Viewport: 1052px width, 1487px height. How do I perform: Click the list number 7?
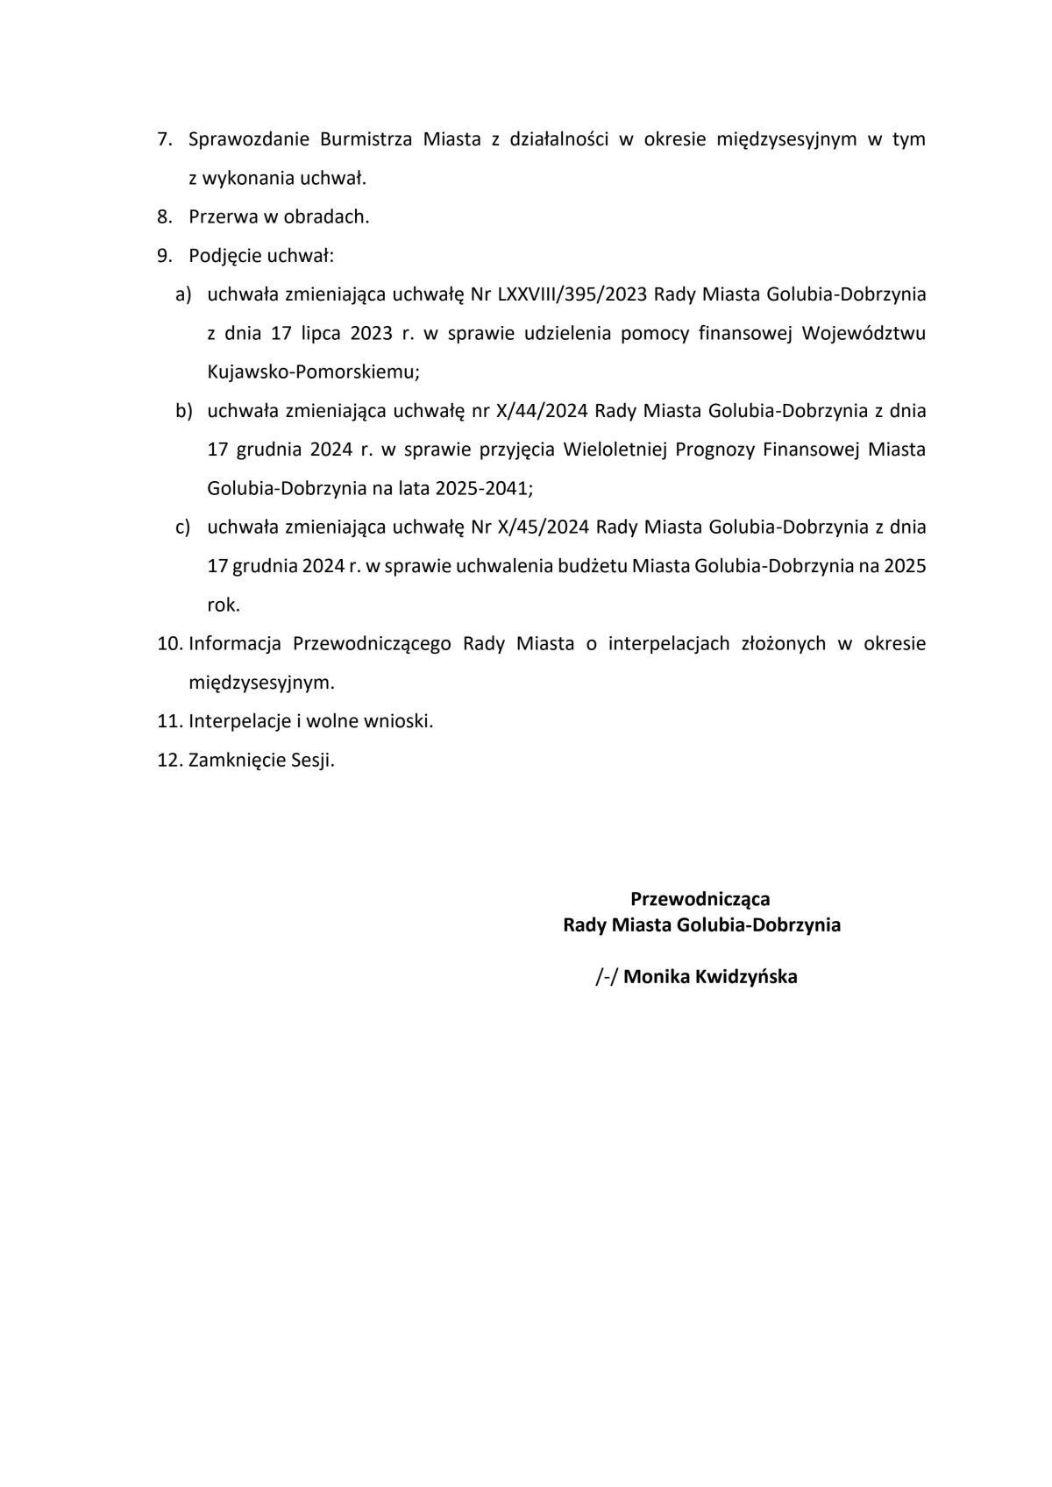(163, 139)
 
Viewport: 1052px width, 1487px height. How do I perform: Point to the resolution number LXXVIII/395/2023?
(572, 294)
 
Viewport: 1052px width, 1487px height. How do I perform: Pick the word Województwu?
(864, 333)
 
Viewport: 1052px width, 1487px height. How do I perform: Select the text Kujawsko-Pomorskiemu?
(313, 372)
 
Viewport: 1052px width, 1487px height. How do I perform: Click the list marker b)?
(183, 411)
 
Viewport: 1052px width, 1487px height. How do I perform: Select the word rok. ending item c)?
(224, 605)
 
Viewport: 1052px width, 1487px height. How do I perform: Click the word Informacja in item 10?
(234, 644)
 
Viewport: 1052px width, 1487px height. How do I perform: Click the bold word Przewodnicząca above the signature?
(700, 899)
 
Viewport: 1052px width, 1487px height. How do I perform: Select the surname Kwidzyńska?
(746, 977)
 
